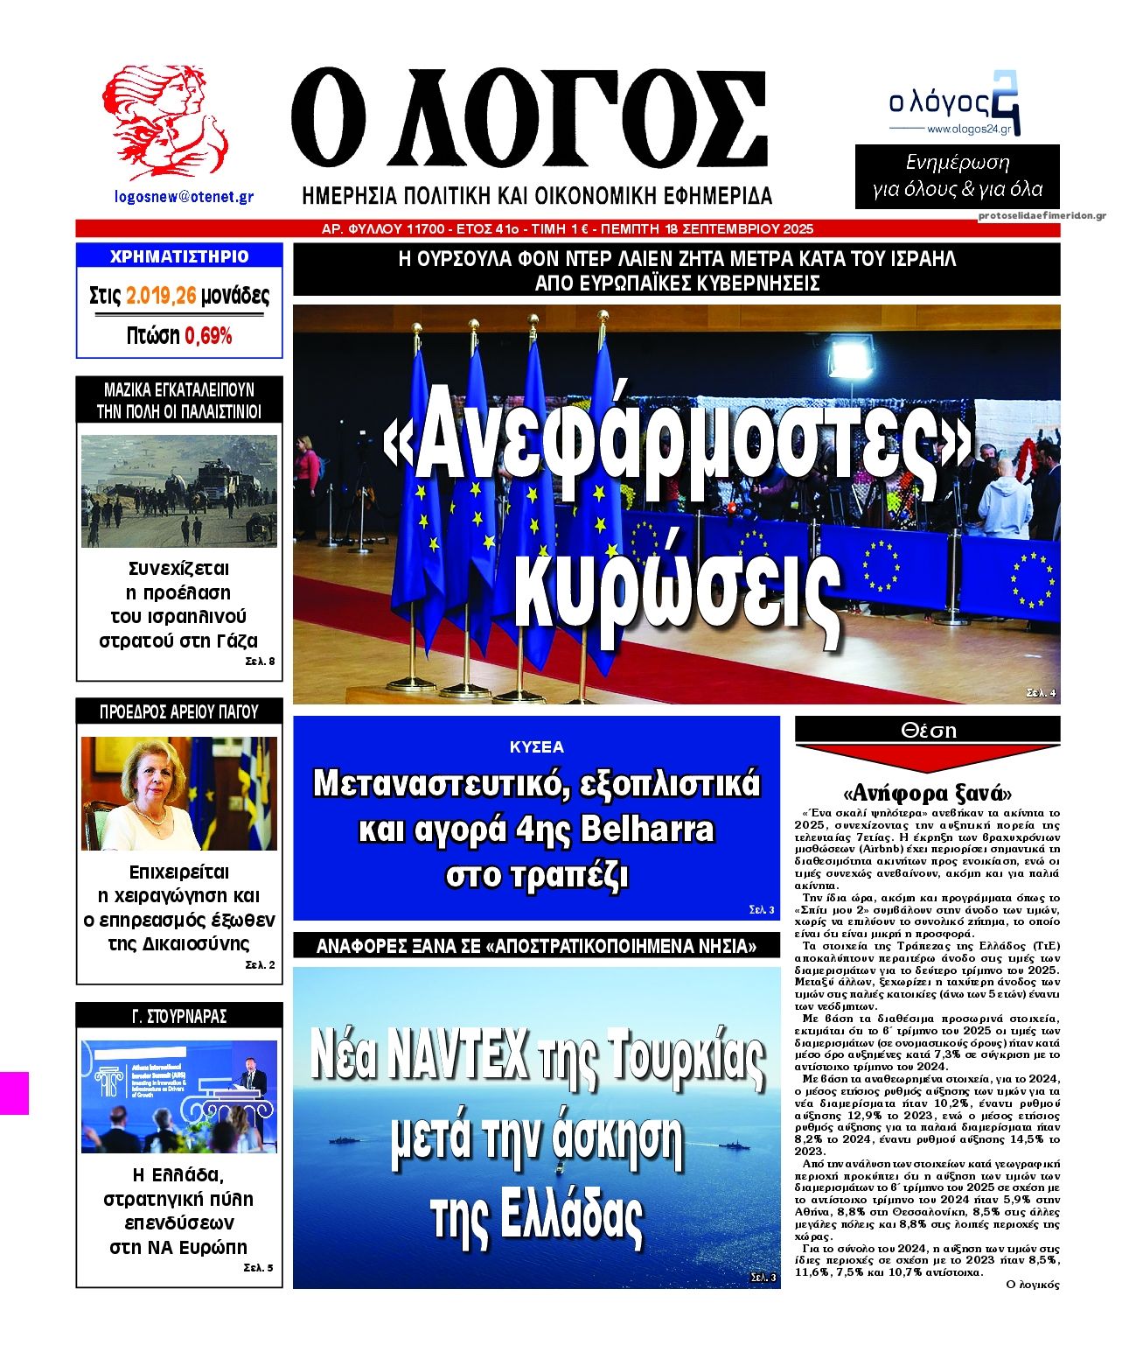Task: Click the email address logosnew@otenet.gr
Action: pos(184,198)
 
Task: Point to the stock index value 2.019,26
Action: pos(161,296)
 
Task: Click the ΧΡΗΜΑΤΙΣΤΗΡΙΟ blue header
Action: pos(179,256)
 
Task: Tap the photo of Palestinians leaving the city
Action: pos(179,490)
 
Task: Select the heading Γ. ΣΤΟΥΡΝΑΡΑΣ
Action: pos(179,1016)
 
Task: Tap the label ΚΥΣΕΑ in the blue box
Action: pos(537,747)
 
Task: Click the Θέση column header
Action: pos(927,730)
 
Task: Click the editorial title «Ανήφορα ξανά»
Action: pos(927,794)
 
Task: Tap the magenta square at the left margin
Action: pos(14,1093)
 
